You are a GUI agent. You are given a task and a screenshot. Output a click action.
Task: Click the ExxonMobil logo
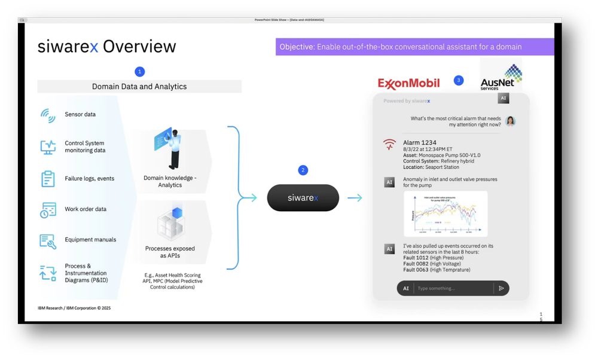[x=408, y=83]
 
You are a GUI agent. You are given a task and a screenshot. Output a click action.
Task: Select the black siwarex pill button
[x=303, y=197]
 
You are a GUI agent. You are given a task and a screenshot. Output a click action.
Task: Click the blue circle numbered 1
[x=140, y=72]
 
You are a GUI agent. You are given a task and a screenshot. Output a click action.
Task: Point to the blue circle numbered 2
[x=303, y=170]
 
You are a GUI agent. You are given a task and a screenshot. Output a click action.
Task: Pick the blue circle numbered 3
[x=459, y=80]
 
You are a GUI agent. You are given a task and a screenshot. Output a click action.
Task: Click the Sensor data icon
[x=48, y=115]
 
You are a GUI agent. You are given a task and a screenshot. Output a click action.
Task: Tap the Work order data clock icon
[x=48, y=210]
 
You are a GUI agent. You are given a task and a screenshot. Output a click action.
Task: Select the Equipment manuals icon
[x=48, y=240]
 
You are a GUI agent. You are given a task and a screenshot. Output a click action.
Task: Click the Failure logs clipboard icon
[x=48, y=179]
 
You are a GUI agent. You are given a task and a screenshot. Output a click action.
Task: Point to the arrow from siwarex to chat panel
[x=355, y=197]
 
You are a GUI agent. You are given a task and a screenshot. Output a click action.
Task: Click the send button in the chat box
[x=501, y=288]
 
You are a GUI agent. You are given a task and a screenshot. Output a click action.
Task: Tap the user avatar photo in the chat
[x=510, y=121]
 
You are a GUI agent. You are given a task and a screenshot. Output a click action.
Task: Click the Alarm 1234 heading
[x=420, y=142]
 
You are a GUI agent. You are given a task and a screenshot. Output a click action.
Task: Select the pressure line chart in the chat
[x=446, y=213]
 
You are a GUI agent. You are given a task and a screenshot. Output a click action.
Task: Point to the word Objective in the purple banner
[x=297, y=47]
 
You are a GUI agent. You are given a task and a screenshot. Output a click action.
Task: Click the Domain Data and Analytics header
[x=139, y=87]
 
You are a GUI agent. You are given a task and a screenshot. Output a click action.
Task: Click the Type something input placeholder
[x=437, y=288]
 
